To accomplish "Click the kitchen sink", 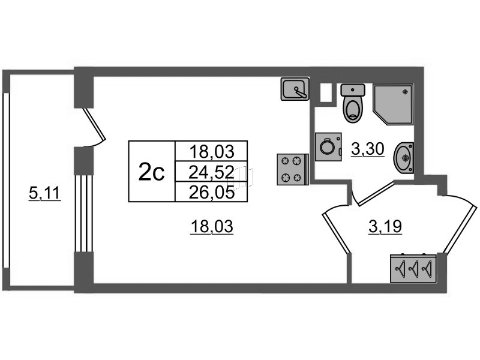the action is tap(295, 89).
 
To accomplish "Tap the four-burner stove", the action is tap(293, 169).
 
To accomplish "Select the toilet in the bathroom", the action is tap(353, 103).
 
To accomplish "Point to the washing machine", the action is tap(328, 146).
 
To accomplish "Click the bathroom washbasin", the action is tap(404, 158).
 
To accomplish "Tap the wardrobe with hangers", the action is tap(413, 268).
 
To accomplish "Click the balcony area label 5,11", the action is tap(44, 193).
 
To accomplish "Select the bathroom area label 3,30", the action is tap(367, 149).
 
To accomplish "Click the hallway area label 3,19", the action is tap(385, 227).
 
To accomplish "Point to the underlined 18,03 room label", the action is tap(212, 227).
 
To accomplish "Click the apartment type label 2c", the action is tap(152, 172).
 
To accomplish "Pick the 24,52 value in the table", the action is tap(211, 172).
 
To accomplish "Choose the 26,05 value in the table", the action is tap(212, 193).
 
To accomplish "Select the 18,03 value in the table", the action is tap(212, 152).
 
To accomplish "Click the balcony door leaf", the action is tap(94, 124).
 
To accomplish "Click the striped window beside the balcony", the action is tap(83, 213).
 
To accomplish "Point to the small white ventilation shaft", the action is tap(326, 92).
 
